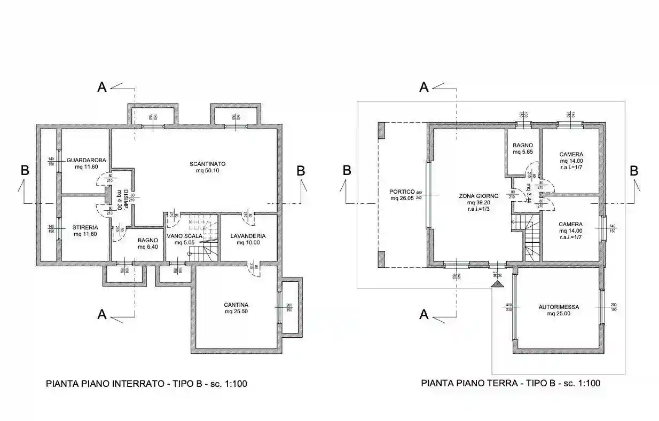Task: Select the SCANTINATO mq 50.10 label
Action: [x=207, y=167]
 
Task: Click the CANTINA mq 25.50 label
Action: [x=236, y=308]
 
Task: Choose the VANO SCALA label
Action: [x=184, y=239]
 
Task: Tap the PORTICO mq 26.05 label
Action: [x=402, y=195]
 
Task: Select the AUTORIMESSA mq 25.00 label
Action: [x=559, y=310]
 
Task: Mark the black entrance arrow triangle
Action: [x=498, y=284]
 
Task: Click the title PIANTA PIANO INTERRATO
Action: [x=146, y=383]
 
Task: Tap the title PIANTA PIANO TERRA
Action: [x=511, y=383]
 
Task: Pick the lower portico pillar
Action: [x=381, y=259]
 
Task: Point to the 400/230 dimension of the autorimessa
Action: [x=509, y=307]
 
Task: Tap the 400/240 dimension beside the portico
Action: [x=419, y=195]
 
